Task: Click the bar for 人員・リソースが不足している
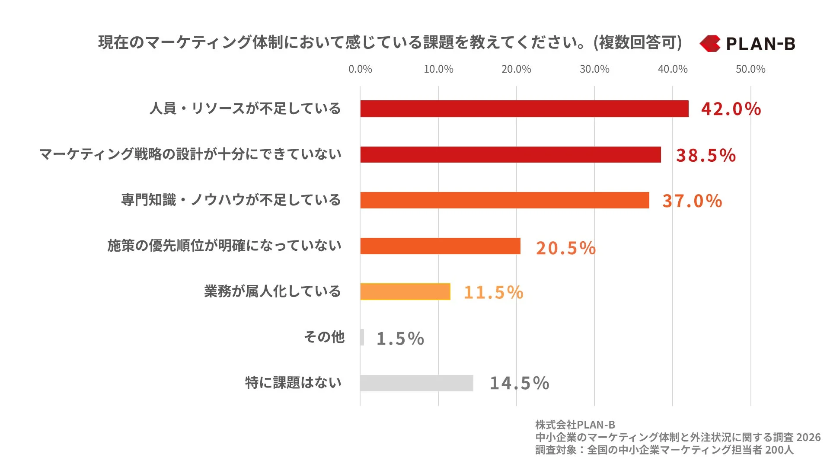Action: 524,109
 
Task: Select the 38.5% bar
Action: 510,154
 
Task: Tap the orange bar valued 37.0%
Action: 504,200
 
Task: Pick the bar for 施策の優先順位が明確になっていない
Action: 440,246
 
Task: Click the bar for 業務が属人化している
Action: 405,291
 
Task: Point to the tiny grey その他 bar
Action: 362,337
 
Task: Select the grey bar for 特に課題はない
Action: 416,383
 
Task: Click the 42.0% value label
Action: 731,109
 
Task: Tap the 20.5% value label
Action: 565,248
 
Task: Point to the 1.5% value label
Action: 400,339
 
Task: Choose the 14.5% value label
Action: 519,384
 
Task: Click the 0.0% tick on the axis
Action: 360,69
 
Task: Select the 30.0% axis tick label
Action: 594,69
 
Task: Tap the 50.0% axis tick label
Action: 750,69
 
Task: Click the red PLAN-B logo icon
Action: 710,44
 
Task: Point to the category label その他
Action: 324,337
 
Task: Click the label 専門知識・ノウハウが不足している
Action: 231,200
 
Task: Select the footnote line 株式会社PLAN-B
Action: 575,425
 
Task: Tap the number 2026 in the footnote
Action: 808,438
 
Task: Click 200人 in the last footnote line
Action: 779,450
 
